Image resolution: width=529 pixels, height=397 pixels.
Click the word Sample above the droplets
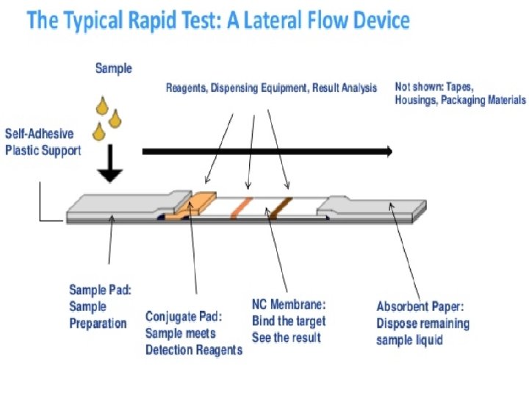click(114, 68)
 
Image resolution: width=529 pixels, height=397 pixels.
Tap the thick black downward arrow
click(110, 165)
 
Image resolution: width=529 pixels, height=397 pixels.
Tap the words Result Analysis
click(344, 88)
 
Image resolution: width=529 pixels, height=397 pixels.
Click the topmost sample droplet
click(101, 107)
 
